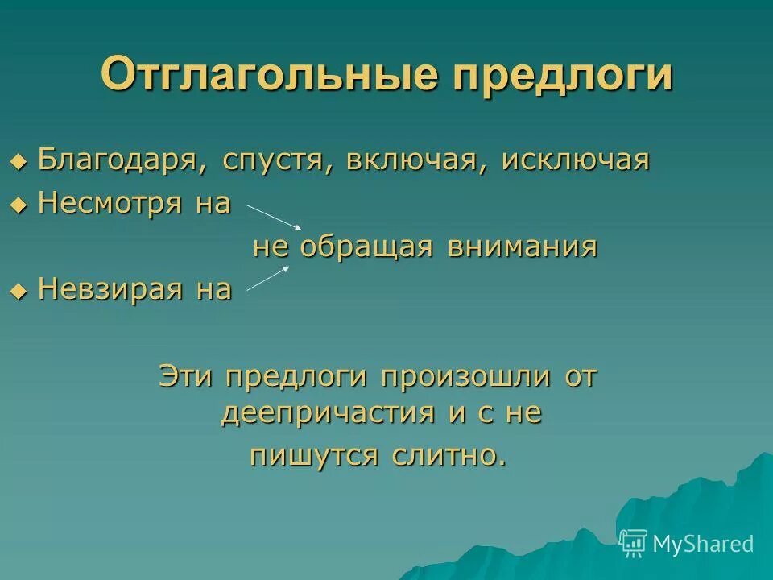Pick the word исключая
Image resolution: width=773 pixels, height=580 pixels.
(x=575, y=159)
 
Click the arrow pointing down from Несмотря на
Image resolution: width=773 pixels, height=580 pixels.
(x=274, y=217)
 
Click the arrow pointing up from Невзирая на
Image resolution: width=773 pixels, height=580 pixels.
(x=268, y=278)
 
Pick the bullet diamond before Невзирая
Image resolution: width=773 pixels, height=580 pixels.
(x=19, y=290)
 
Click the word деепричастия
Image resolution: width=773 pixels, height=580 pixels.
(x=330, y=413)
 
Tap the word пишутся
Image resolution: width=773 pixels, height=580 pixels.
(x=314, y=455)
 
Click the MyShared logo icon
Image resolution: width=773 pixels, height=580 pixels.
(x=634, y=543)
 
